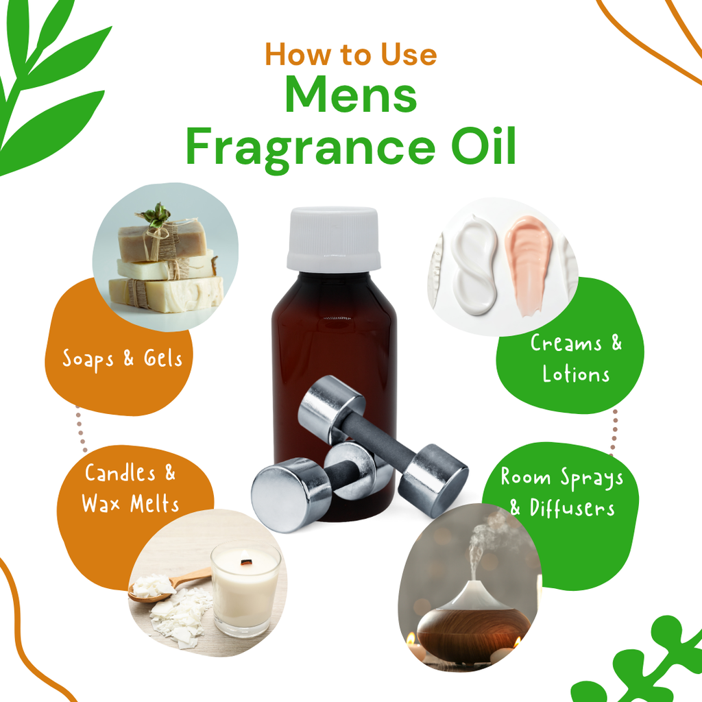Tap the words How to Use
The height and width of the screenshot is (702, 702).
350,54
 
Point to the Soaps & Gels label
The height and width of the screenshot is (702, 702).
123,359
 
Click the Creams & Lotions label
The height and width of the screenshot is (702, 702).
575,359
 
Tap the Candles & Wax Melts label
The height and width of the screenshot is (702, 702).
130,488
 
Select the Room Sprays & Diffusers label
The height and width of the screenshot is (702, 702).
561,492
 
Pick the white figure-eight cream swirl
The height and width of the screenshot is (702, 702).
474,264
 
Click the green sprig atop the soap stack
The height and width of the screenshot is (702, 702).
156,215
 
